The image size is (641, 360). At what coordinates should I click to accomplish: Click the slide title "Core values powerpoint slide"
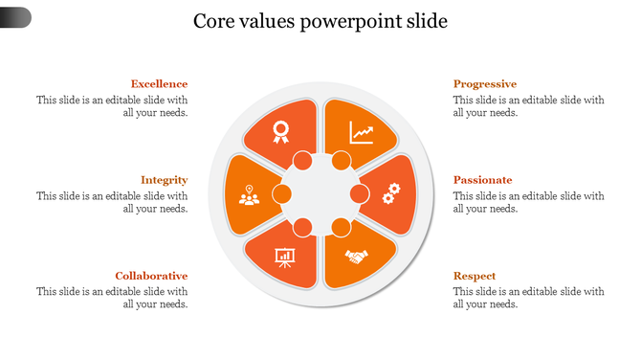[x=320, y=21]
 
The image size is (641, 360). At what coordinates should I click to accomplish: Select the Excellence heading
[x=159, y=84]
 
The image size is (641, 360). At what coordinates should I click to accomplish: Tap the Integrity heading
[x=164, y=180]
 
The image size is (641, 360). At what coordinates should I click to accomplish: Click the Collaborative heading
[x=151, y=276]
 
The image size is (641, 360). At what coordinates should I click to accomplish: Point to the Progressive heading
[x=484, y=84]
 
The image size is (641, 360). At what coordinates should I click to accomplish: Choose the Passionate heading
[x=482, y=180]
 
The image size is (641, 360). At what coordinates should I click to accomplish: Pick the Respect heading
[x=474, y=276]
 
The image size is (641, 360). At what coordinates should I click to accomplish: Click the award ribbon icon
[x=280, y=131]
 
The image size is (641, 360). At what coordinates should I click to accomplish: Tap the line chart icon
[x=362, y=131]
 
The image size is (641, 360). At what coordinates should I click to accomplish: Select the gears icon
[x=390, y=194]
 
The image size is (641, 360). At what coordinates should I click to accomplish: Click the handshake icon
[x=357, y=257]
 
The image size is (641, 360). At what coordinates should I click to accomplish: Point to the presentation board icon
[x=284, y=257]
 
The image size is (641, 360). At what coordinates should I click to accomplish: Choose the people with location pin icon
[x=249, y=195]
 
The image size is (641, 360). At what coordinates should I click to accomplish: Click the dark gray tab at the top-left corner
[x=15, y=17]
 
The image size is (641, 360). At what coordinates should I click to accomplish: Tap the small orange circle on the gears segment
[x=360, y=194]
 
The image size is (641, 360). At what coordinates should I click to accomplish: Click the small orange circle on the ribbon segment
[x=302, y=160]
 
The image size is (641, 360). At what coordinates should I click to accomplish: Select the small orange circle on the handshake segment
[x=341, y=228]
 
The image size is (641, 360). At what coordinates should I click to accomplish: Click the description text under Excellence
[x=112, y=106]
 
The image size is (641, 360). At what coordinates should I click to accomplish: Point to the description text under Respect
[x=528, y=298]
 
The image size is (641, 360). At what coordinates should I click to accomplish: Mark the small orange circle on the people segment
[x=282, y=194]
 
